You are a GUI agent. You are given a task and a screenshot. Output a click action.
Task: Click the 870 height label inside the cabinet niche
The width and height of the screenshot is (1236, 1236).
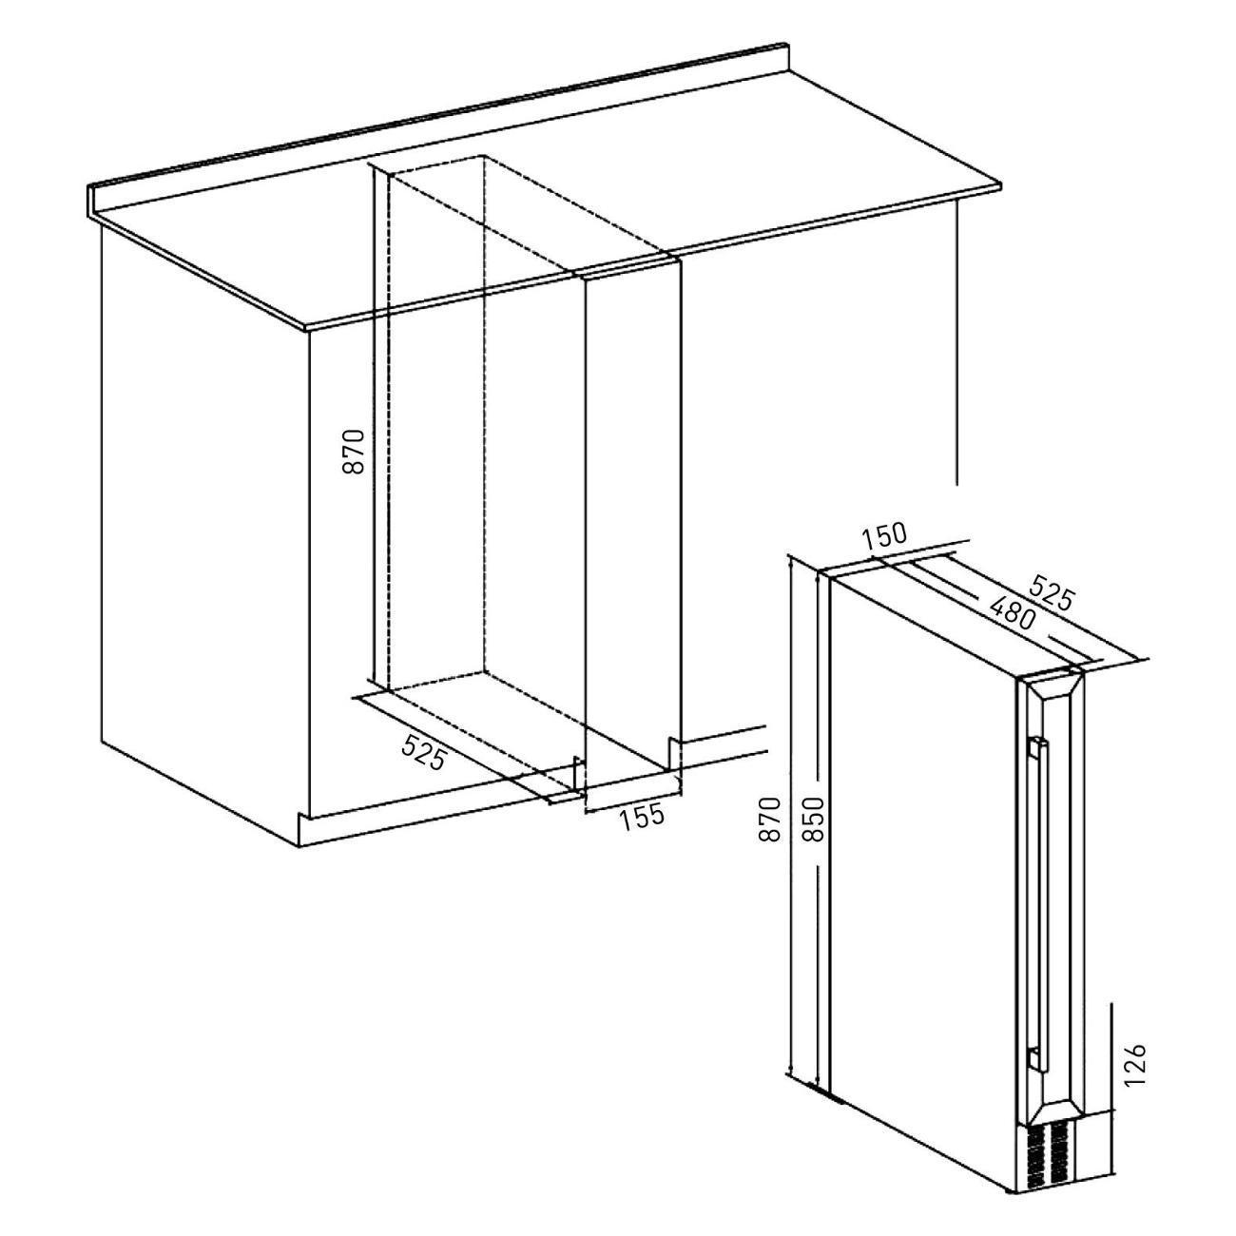(x=354, y=452)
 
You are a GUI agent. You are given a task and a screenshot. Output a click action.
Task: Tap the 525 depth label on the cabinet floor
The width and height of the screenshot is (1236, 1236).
(x=423, y=753)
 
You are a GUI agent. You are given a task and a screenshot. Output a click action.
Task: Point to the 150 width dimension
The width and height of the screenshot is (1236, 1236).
(x=884, y=537)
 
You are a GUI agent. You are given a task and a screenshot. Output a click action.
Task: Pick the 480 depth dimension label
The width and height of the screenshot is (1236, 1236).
(x=1013, y=612)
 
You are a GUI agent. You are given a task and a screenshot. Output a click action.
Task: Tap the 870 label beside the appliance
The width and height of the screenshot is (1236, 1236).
(x=768, y=819)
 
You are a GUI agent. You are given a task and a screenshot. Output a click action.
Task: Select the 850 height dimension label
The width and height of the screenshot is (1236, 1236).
(x=813, y=819)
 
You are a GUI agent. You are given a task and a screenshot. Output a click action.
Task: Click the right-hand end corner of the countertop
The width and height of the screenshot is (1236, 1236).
(x=1000, y=186)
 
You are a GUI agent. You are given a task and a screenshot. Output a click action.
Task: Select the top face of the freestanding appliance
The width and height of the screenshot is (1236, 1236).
(x=956, y=621)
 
